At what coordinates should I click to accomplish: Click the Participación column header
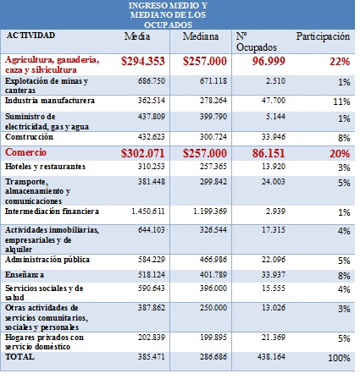tap(322, 37)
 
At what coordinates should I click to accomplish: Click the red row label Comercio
tap(31, 152)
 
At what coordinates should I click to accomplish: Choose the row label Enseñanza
tap(26, 275)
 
